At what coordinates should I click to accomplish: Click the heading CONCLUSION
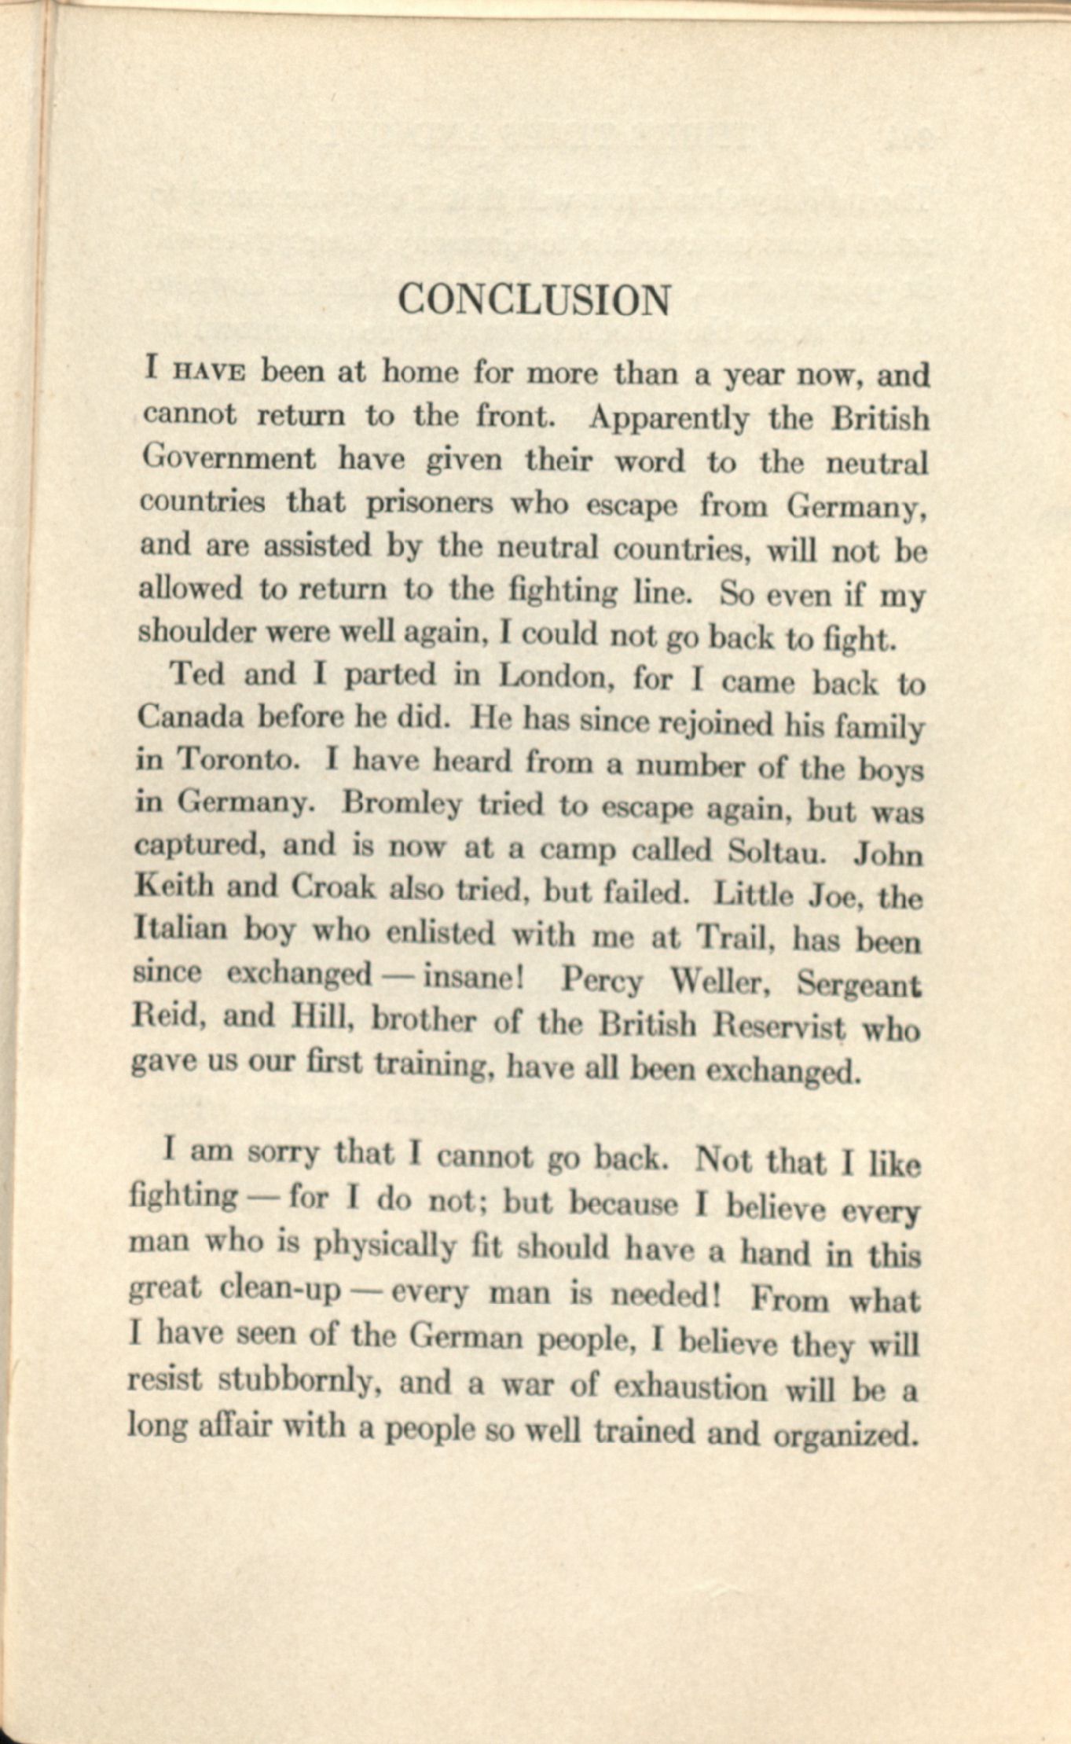[534, 300]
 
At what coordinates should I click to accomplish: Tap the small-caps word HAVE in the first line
[207, 372]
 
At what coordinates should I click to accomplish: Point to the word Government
[228, 458]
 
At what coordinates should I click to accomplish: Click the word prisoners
[430, 502]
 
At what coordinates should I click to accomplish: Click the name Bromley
[402, 804]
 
